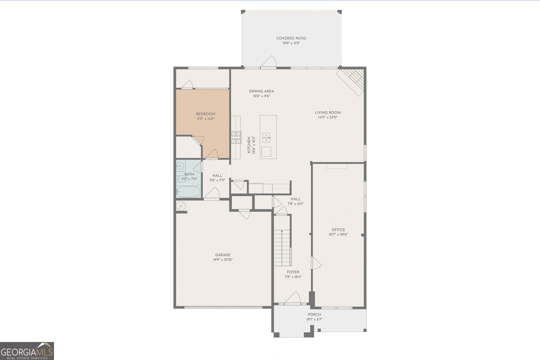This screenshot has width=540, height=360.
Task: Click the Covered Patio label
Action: point(291,38)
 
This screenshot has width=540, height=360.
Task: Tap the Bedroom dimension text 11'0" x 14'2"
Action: point(206,119)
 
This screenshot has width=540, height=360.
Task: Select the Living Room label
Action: point(328,113)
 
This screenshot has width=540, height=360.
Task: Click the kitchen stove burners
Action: point(236,137)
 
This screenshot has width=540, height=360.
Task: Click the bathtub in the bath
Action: point(188,192)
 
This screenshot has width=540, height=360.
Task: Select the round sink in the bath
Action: point(180,166)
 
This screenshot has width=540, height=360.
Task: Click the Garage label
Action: point(223,255)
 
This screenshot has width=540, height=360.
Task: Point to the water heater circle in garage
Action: point(181,205)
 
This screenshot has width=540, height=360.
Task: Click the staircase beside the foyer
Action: point(282,248)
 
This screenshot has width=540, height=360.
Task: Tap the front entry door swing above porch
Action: point(293,298)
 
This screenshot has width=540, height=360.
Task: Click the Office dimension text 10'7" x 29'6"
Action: point(338,234)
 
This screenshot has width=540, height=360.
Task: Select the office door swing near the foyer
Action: point(316,263)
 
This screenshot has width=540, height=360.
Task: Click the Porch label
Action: point(314,314)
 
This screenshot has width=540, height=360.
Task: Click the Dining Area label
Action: point(262,91)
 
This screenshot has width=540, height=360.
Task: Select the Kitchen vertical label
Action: point(249,145)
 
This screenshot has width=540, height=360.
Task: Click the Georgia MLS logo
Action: point(27,351)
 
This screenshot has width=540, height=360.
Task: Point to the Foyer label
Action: point(293,272)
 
